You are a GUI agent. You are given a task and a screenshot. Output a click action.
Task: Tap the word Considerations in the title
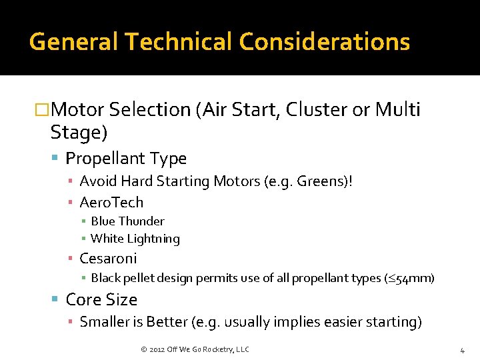pos(325,42)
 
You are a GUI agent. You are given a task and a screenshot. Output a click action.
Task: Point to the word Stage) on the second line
pos(79,133)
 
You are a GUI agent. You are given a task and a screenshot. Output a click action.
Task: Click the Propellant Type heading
pos(126,159)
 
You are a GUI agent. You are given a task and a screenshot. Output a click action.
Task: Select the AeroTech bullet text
pos(111,203)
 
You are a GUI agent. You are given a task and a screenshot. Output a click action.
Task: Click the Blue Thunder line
pos(127,221)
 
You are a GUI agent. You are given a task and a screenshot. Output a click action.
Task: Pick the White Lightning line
pos(135,239)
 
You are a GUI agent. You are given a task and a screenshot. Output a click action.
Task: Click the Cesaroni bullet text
pos(108,259)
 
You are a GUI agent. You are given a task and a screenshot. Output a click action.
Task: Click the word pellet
pos(138,278)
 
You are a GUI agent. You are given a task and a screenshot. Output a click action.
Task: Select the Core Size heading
pos(101,300)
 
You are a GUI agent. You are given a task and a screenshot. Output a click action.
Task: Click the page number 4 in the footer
pos(461,350)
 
